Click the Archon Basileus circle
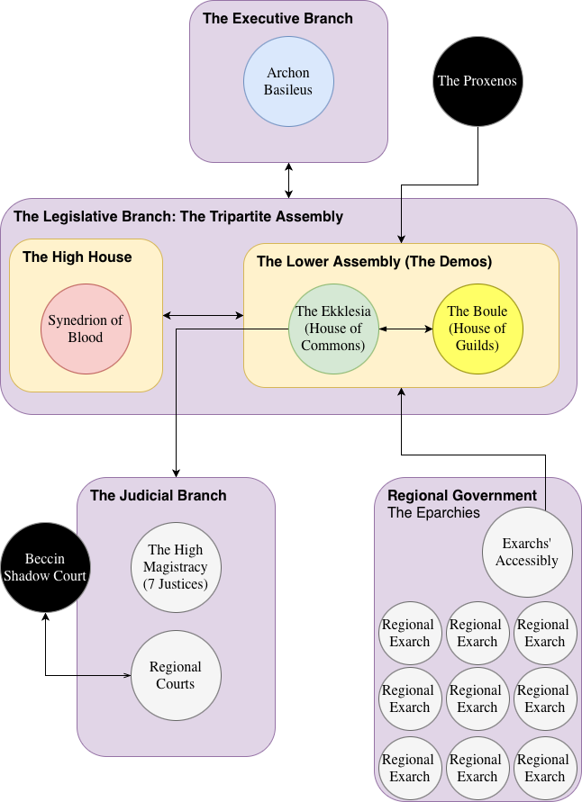click(x=288, y=81)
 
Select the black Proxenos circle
click(x=477, y=81)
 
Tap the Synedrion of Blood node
click(x=86, y=329)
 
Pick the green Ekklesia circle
click(x=333, y=329)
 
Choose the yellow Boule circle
click(x=477, y=329)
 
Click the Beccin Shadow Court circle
click(x=44, y=568)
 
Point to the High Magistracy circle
click(x=176, y=567)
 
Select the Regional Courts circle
click(x=176, y=675)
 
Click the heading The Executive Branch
click(x=277, y=18)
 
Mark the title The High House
click(x=77, y=257)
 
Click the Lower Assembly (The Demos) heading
click(x=374, y=262)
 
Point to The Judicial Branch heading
click(x=158, y=495)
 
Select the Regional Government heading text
click(x=461, y=495)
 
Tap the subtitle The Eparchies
click(x=433, y=513)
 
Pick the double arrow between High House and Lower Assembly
click(x=204, y=315)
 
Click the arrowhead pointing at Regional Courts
click(x=126, y=675)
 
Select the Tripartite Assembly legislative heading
click(x=178, y=216)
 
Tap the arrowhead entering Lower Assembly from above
click(x=401, y=238)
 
